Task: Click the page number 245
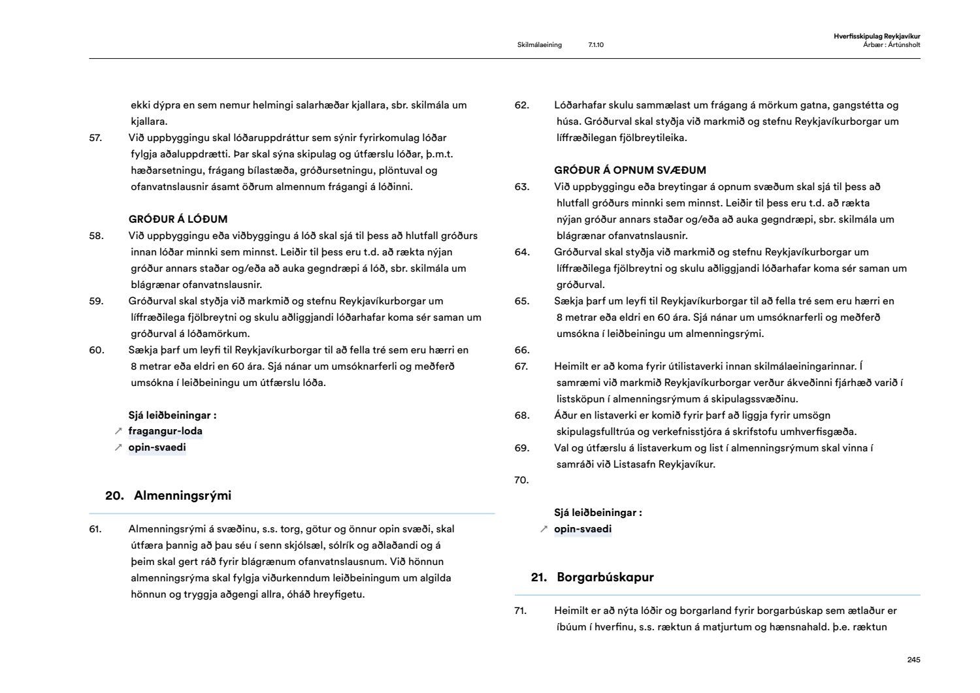(913, 660)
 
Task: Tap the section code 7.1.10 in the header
(596, 45)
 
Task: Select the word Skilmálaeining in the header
(539, 45)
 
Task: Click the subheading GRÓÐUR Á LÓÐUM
(178, 219)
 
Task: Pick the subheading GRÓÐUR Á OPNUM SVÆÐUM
(630, 170)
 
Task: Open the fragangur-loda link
(165, 431)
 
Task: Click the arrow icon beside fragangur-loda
(118, 431)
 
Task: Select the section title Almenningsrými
(182, 495)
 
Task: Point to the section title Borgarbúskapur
(605, 577)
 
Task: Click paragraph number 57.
(96, 137)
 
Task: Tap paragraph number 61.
(95, 529)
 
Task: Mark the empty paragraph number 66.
(521, 349)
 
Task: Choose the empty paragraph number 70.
(521, 480)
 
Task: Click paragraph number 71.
(521, 611)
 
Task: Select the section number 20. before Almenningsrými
(115, 495)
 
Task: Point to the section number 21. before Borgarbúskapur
(539, 577)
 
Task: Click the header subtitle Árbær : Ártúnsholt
(891, 45)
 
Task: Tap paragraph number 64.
(521, 251)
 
